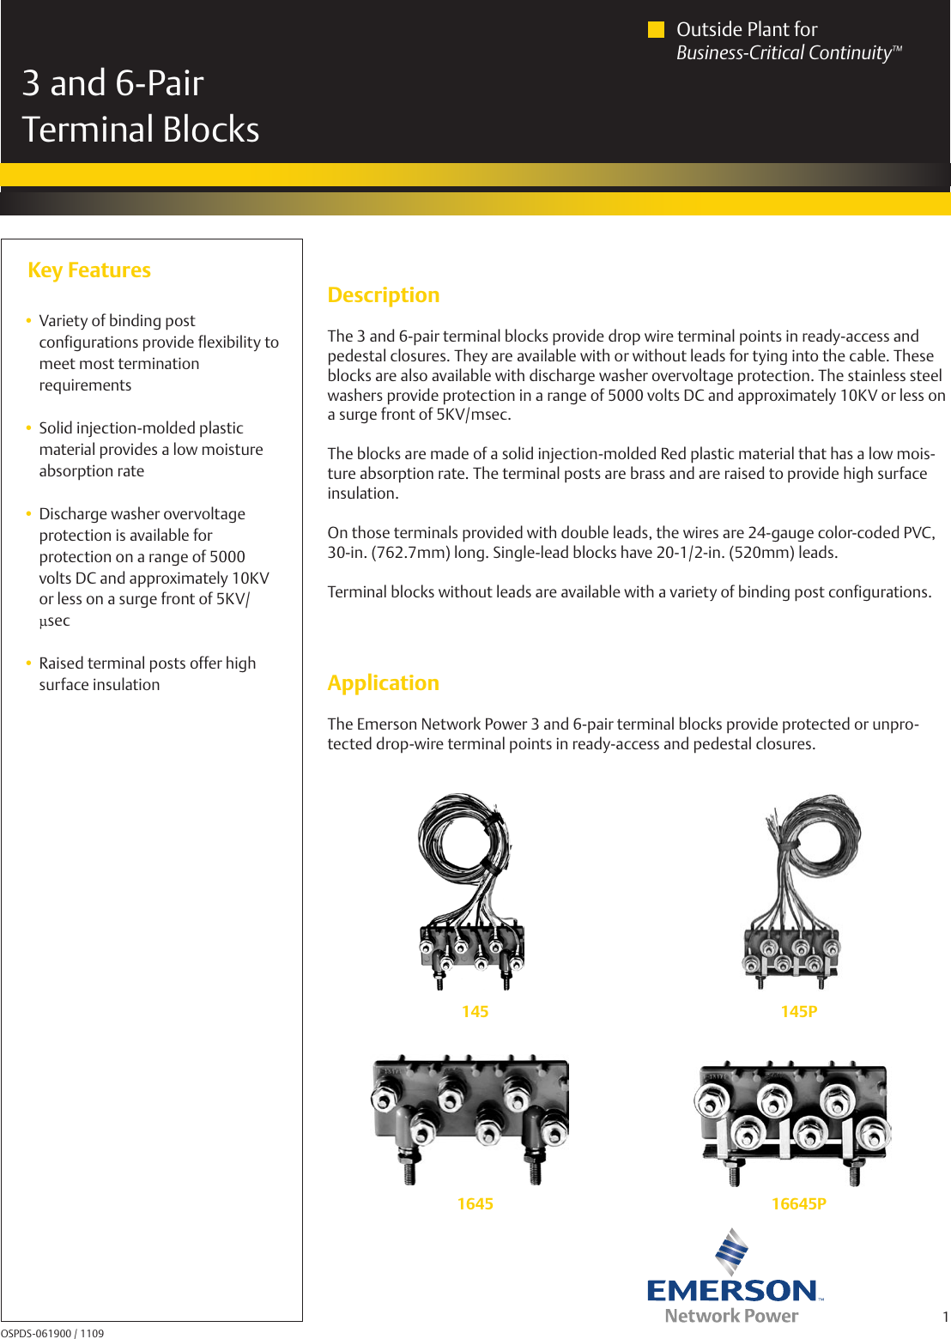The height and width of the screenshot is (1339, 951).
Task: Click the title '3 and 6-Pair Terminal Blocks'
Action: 140,106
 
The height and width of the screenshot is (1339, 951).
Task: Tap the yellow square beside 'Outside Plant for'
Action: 656,30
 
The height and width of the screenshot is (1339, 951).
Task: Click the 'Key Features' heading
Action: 89,270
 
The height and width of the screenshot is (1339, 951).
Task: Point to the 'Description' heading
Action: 383,295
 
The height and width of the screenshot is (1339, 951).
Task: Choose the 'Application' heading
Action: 383,683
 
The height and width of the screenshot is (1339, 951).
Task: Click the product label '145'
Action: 475,1012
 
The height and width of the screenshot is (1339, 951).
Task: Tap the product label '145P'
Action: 798,1012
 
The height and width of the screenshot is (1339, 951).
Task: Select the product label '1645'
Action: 475,1204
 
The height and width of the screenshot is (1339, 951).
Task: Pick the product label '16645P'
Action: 798,1204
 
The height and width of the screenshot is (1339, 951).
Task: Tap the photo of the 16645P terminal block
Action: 792,1120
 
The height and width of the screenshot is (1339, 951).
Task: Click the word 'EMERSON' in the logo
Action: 732,1290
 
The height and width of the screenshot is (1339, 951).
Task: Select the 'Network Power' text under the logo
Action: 731,1316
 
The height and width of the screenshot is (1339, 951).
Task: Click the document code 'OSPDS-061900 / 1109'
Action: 52,1333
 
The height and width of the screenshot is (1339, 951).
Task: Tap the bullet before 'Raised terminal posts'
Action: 29,663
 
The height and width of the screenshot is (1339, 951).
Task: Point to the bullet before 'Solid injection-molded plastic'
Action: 29,428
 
